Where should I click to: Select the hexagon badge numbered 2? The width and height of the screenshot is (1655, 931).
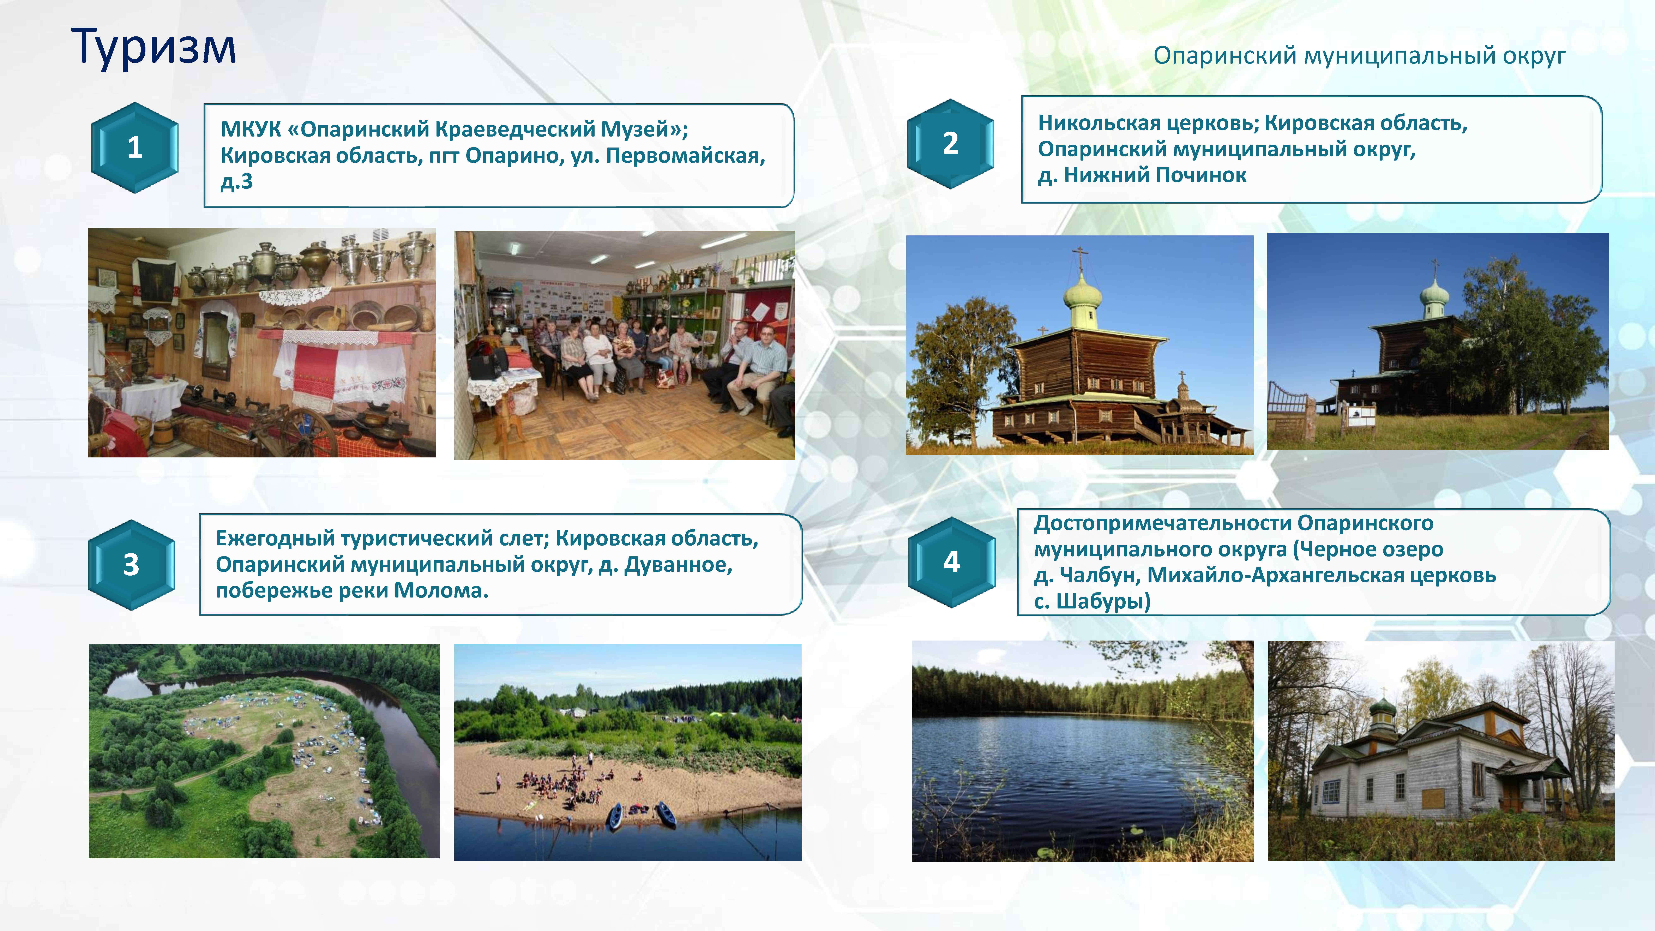click(950, 143)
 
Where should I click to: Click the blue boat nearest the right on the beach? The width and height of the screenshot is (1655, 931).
click(666, 815)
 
